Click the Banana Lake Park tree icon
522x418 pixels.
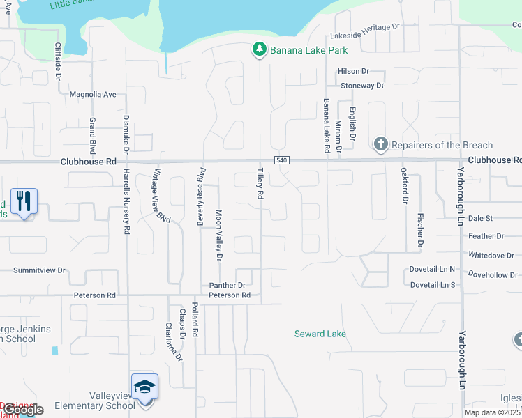(x=259, y=49)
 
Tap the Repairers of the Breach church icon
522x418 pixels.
(x=380, y=145)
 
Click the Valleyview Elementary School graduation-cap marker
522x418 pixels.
(x=144, y=387)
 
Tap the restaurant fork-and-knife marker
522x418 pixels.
(x=24, y=201)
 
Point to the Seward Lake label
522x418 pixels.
(x=320, y=334)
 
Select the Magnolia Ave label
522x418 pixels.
(x=92, y=94)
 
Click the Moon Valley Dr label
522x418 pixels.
(x=218, y=235)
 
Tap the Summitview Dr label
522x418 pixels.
(x=39, y=270)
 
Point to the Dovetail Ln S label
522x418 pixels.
(x=432, y=285)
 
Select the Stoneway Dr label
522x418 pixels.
(x=362, y=86)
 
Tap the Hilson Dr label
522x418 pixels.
(x=352, y=71)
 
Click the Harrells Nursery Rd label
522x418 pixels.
(x=127, y=201)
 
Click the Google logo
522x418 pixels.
(x=23, y=410)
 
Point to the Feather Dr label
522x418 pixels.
(x=486, y=236)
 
